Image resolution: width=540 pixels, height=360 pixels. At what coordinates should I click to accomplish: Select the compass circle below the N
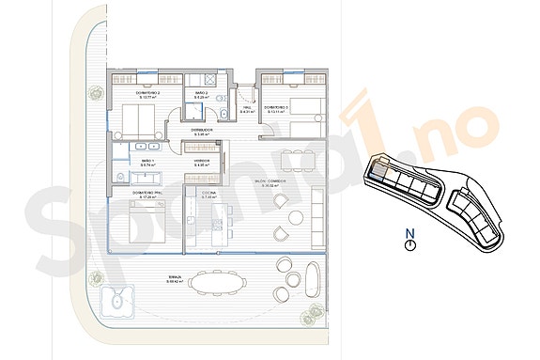click(x=409, y=244)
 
